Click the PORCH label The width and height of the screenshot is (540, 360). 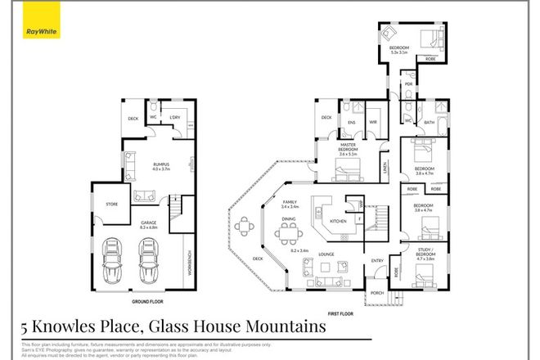[x=377, y=293]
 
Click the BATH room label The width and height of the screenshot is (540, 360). [x=429, y=123]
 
